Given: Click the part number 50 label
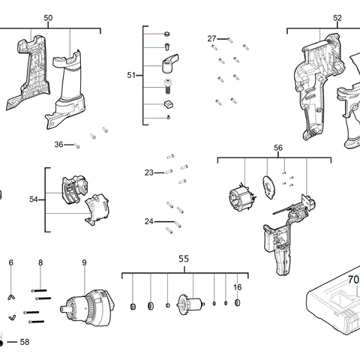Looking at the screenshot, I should (x=49, y=16).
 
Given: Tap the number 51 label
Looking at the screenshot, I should (x=132, y=75).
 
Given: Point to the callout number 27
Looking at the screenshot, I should (x=212, y=38).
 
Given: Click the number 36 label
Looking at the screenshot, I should (x=58, y=144).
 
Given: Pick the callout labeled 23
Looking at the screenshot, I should (x=149, y=172).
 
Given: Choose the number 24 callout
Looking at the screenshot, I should (x=149, y=221).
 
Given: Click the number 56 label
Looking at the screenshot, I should (x=278, y=148).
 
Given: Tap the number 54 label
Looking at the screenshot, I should (x=33, y=199).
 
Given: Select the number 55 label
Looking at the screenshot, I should (x=184, y=259).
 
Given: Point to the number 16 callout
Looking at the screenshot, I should (x=237, y=286).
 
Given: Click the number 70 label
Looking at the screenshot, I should (x=353, y=279).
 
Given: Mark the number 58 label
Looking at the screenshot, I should (x=25, y=342).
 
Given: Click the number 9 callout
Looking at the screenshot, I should (x=84, y=262).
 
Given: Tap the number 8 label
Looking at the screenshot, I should (x=40, y=262).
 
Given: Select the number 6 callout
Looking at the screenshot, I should (x=10, y=262).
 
